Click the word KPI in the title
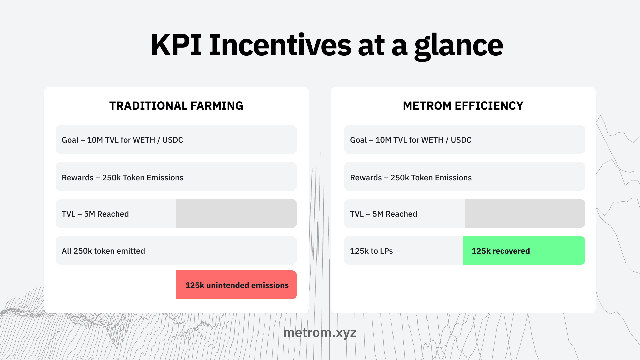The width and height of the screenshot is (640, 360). [176, 45]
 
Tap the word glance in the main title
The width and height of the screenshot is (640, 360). [459, 46]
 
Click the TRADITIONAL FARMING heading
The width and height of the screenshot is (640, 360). [176, 106]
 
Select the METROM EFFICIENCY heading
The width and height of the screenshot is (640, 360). [463, 106]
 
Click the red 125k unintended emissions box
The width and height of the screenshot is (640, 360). [237, 285]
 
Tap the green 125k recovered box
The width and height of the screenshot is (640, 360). [524, 251]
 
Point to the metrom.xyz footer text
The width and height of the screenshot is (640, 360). [320, 333]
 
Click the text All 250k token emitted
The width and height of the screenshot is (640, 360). [103, 251]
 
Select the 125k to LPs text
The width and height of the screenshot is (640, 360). [371, 251]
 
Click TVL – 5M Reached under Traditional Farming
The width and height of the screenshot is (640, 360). [95, 214]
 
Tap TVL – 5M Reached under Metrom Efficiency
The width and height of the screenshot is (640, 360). [383, 214]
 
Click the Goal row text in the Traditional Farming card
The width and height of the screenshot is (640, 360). [122, 140]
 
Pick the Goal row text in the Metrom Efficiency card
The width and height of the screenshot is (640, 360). [411, 140]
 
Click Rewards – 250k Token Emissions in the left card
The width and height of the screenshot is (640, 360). [122, 178]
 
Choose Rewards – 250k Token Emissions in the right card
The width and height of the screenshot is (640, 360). [411, 178]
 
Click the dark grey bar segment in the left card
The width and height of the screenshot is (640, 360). [236, 214]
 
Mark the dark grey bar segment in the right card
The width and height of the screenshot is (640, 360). [525, 214]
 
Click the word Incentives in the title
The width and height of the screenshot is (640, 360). [280, 45]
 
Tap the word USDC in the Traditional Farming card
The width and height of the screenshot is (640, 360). [173, 140]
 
